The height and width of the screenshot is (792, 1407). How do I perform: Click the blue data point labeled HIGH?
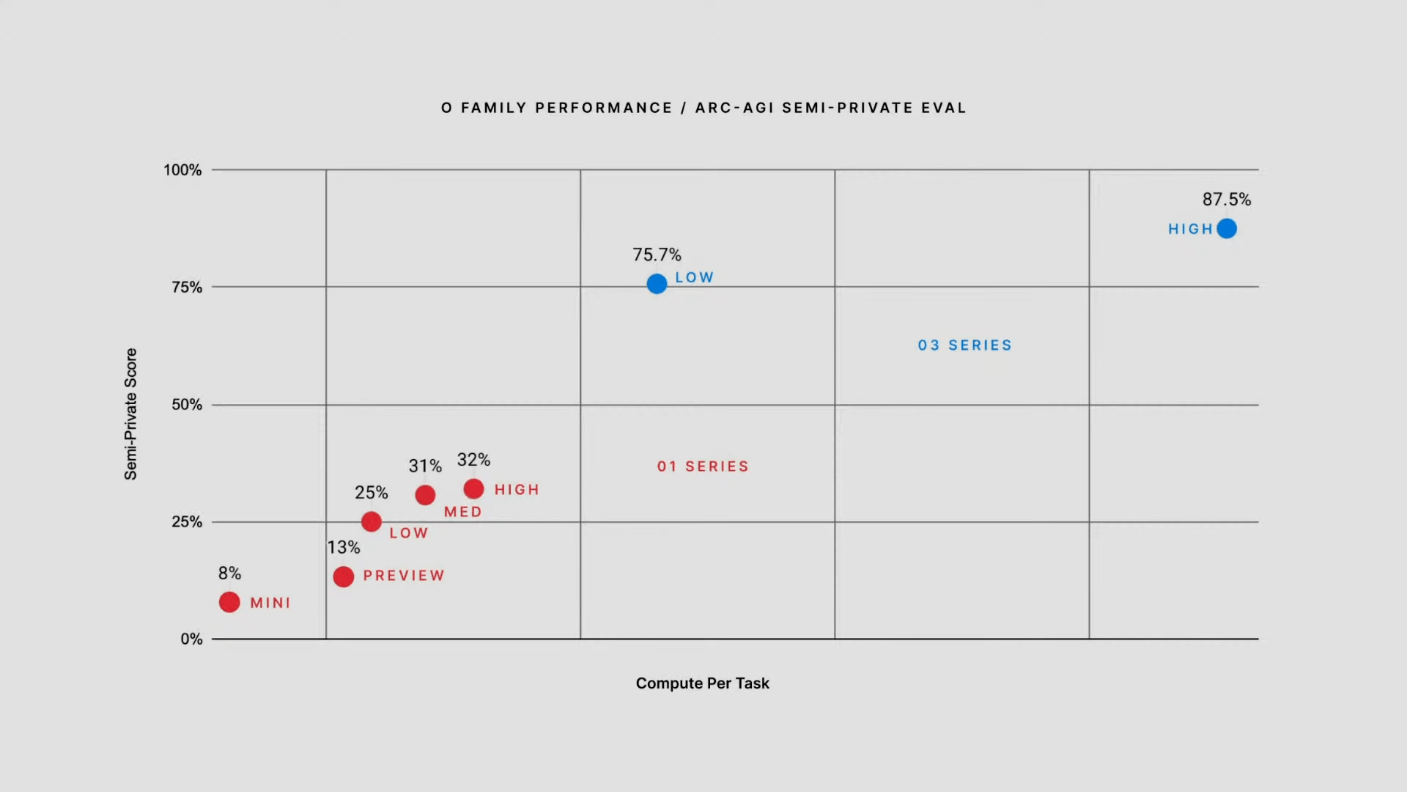(1227, 229)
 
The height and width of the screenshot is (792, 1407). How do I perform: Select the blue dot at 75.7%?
(657, 284)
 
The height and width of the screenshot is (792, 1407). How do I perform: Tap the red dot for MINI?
(229, 602)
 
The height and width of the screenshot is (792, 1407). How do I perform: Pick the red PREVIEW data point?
(343, 576)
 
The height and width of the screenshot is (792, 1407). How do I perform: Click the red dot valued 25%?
(372, 521)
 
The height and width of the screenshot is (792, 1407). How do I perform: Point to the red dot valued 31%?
(425, 495)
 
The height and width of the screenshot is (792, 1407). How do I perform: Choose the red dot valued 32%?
(473, 488)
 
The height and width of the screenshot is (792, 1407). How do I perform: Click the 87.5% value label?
(1226, 199)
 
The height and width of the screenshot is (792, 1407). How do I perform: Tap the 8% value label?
(229, 573)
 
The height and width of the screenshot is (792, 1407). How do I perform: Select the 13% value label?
(343, 547)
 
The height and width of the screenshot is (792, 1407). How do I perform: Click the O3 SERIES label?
(964, 345)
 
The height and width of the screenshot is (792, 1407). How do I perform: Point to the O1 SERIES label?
(703, 466)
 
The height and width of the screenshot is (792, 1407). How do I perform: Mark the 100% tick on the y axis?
(182, 170)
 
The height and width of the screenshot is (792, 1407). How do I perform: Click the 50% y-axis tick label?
(187, 405)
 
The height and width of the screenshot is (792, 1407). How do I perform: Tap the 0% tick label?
(191, 639)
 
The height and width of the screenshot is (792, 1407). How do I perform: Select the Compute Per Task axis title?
(702, 683)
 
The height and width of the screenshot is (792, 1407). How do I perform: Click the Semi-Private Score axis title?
(130, 414)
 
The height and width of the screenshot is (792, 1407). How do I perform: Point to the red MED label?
(462, 512)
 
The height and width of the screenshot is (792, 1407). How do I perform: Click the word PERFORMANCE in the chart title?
(604, 108)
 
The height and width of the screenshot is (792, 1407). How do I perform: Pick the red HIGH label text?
(517, 489)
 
